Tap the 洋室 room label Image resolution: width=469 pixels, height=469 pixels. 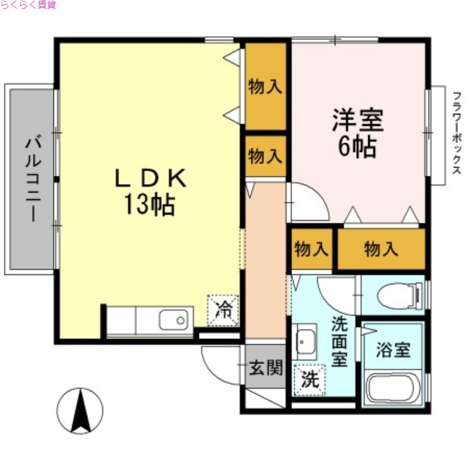click(x=358, y=121)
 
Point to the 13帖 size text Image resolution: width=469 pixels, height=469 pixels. click(x=149, y=205)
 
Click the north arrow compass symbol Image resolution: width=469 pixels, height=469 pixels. click(x=80, y=411)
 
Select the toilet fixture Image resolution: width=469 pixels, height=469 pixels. click(x=399, y=295)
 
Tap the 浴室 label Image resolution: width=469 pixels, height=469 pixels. click(x=393, y=351)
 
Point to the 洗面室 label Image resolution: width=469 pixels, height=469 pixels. click(x=339, y=341)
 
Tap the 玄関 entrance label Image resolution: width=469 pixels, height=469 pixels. click(x=266, y=368)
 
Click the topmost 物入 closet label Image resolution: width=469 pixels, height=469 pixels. click(x=266, y=87)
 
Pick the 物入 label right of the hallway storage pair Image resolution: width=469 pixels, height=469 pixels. click(x=381, y=250)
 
